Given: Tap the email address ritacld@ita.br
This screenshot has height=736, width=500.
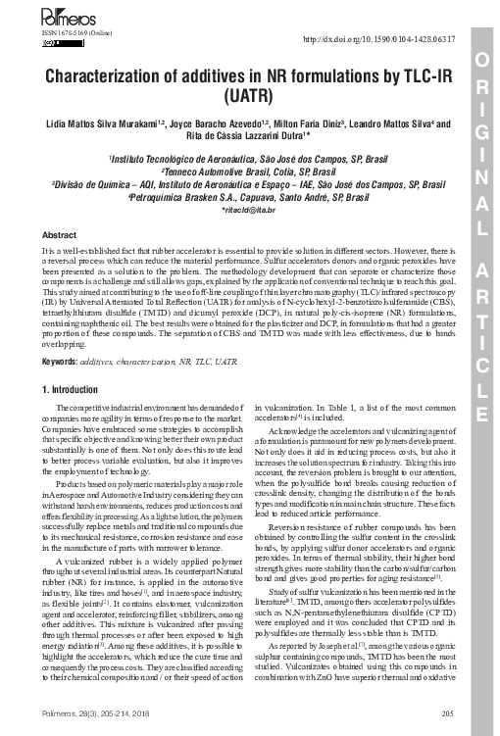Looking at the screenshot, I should tap(251, 210).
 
